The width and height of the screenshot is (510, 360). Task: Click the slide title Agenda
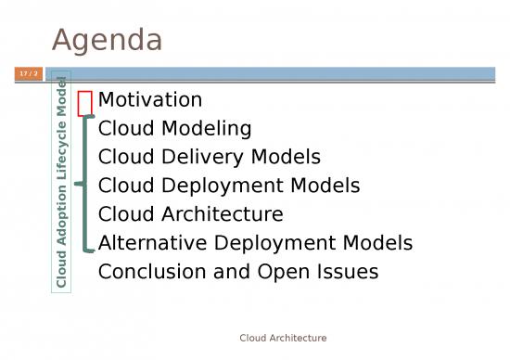(x=107, y=40)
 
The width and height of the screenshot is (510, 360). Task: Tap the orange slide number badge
(x=29, y=73)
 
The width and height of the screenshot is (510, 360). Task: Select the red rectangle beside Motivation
(x=85, y=101)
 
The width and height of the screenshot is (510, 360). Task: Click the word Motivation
(x=150, y=99)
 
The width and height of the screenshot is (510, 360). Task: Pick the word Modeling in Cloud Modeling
(x=205, y=128)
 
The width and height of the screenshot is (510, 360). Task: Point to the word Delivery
(x=196, y=157)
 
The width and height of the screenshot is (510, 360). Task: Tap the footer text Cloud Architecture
(x=283, y=338)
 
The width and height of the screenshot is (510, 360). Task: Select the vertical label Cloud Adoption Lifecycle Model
(x=61, y=181)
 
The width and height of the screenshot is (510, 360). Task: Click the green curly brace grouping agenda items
(x=84, y=184)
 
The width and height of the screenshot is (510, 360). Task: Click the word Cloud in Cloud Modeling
(x=124, y=128)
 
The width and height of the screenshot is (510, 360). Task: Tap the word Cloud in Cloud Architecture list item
(x=124, y=214)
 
